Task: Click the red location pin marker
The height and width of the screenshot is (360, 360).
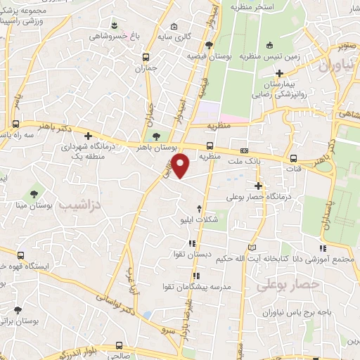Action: pyautogui.click(x=181, y=165)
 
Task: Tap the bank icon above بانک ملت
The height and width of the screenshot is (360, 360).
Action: pyautogui.click(x=244, y=150)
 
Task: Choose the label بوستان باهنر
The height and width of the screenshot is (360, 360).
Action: pyautogui.click(x=153, y=149)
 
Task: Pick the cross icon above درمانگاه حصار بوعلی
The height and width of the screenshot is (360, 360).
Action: pyautogui.click(x=258, y=186)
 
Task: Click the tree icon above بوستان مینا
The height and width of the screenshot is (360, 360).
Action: pyautogui.click(x=33, y=193)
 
